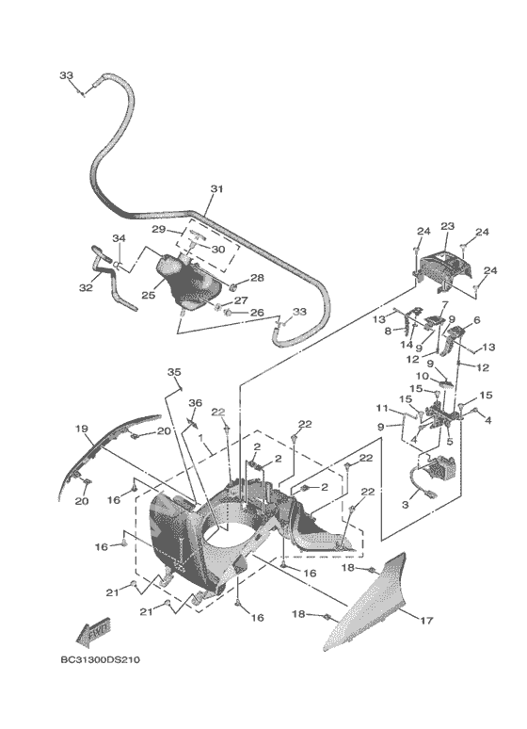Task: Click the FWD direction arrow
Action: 93,631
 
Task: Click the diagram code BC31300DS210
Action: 100,659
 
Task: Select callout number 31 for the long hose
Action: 216,188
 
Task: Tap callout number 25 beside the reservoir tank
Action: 149,295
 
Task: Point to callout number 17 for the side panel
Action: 426,620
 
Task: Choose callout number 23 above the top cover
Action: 447,226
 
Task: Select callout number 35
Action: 174,372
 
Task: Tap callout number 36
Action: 195,402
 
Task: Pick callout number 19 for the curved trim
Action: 82,429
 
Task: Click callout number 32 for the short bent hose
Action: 86,288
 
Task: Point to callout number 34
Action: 119,238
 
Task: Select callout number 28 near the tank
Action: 257,278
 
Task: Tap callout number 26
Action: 257,313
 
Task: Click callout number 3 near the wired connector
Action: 405,504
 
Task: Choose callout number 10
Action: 422,376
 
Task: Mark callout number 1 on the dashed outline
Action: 200,437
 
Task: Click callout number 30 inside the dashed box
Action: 218,250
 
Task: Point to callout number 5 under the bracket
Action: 450,441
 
